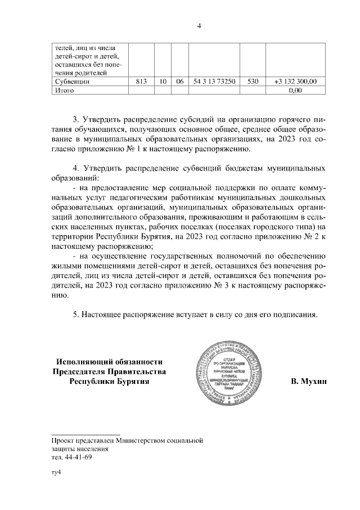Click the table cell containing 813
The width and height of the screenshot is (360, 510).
tap(141, 82)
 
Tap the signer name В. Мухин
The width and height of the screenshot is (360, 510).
tap(309, 382)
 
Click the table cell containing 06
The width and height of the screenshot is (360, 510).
tap(179, 82)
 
